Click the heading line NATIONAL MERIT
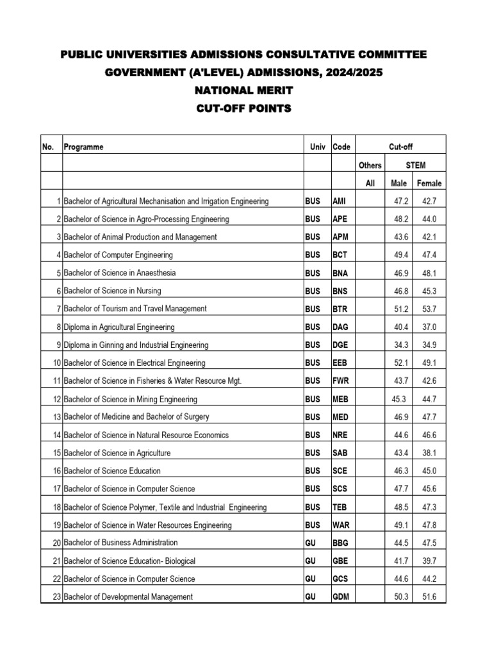[243, 91]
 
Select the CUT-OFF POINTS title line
[243, 109]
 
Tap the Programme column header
[83, 147]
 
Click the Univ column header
[317, 147]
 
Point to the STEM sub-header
[416, 165]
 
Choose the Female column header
[429, 183]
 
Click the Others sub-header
[370, 165]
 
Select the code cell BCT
[340, 255]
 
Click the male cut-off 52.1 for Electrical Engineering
[401, 363]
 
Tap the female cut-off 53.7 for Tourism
[428, 309]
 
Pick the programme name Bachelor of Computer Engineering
[118, 255]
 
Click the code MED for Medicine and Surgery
[340, 417]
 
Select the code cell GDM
[341, 597]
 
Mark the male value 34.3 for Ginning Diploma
[401, 345]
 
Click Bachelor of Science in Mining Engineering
[131, 399]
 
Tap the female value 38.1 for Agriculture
[428, 453]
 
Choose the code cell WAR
[341, 525]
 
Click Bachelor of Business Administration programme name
[120, 543]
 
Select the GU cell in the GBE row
[311, 561]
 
